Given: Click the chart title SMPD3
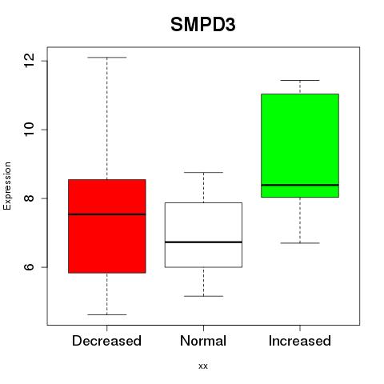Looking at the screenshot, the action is pyautogui.click(x=203, y=25).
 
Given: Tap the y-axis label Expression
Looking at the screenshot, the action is pyautogui.click(x=7, y=186).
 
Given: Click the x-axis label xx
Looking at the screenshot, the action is pyautogui.click(x=203, y=366).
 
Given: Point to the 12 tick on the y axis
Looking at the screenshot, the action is pyautogui.click(x=30, y=61).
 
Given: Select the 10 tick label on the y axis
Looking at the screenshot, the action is pyautogui.click(x=30, y=130).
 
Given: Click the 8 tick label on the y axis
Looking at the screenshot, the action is pyautogui.click(x=30, y=198).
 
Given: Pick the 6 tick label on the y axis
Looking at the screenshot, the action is pyautogui.click(x=30, y=267).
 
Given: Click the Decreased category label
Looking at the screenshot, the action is pyautogui.click(x=106, y=341).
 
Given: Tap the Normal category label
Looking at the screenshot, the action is pyautogui.click(x=203, y=341).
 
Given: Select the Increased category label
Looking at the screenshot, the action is pyautogui.click(x=300, y=341).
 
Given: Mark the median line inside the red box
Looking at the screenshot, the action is pyautogui.click(x=107, y=214).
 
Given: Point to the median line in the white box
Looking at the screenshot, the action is pyautogui.click(x=203, y=242).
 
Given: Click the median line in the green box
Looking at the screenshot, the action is pyautogui.click(x=300, y=185).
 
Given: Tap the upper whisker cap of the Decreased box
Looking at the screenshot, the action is pyautogui.click(x=107, y=58).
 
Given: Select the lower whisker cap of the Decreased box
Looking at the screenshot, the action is pyautogui.click(x=107, y=314).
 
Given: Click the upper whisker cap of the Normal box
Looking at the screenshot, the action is pyautogui.click(x=203, y=172).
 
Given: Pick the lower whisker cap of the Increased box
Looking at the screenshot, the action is pyautogui.click(x=300, y=243).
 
